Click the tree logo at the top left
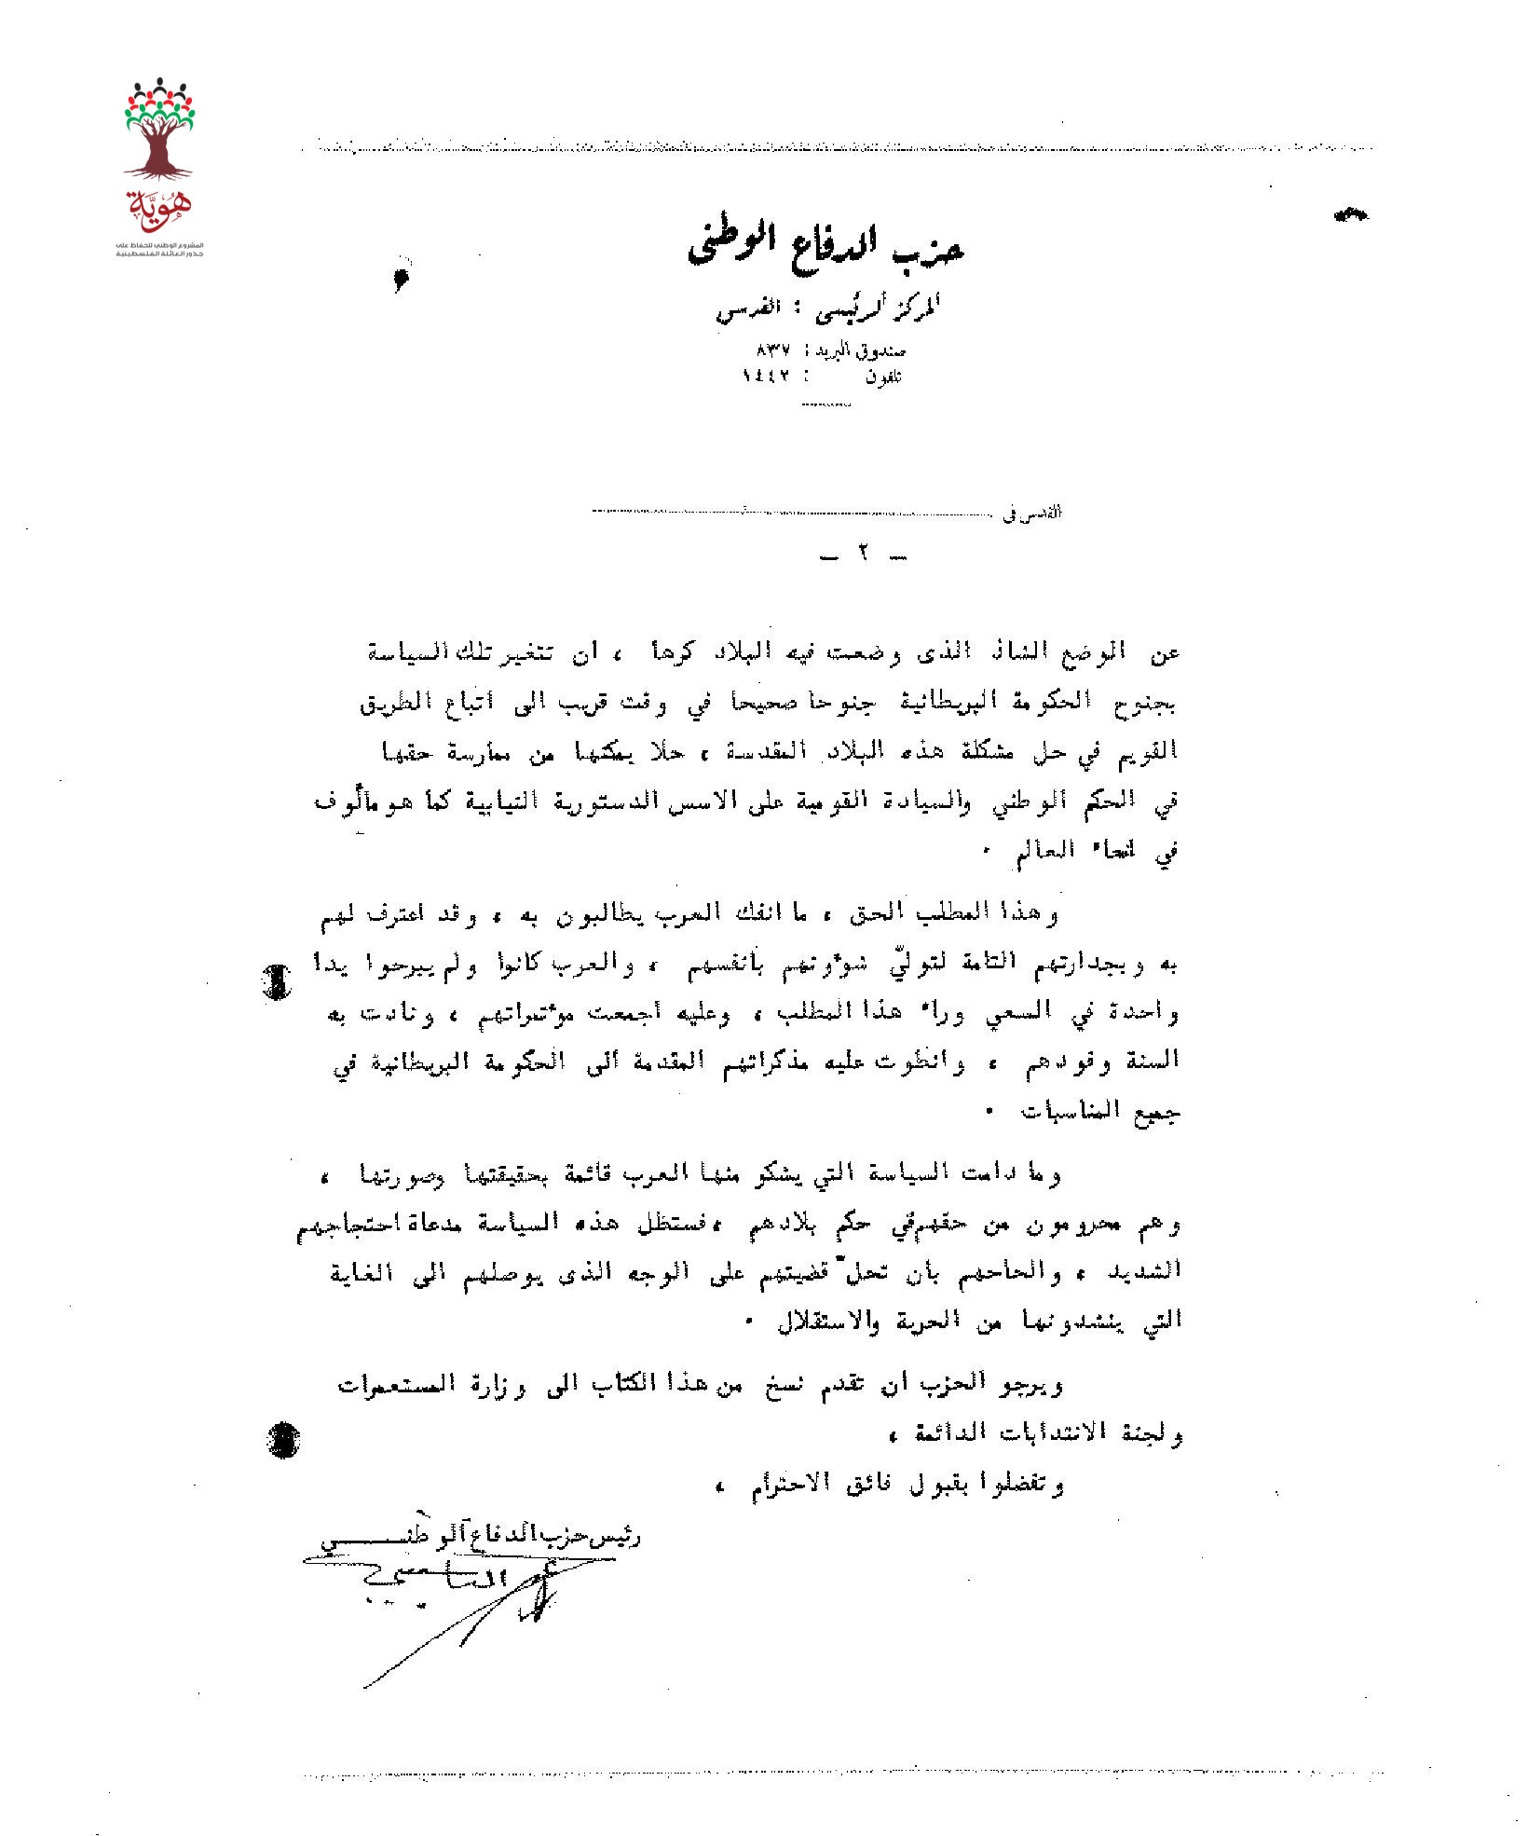(159, 130)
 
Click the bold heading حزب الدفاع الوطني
(826, 245)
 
